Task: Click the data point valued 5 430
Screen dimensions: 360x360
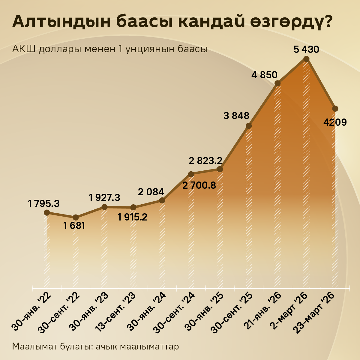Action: click(x=306, y=59)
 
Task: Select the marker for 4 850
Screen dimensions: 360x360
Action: click(x=277, y=83)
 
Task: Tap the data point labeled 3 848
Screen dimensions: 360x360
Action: click(x=249, y=126)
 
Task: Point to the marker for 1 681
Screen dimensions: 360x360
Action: click(x=76, y=217)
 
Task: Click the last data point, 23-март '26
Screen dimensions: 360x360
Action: click(x=335, y=108)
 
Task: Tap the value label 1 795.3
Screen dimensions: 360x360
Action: click(x=44, y=204)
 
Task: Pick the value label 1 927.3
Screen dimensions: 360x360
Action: click(x=104, y=197)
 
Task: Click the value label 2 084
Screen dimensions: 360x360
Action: click(x=151, y=192)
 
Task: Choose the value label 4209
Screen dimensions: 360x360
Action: click(x=335, y=122)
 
